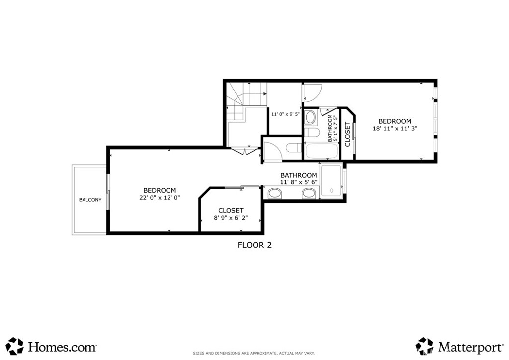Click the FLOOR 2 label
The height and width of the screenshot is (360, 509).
(x=254, y=245)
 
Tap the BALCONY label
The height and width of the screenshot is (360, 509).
(x=90, y=200)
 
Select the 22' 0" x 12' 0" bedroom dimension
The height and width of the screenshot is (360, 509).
(x=160, y=198)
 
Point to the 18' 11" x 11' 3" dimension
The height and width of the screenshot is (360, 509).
(x=395, y=129)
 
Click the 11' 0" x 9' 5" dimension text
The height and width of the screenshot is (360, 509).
(x=285, y=114)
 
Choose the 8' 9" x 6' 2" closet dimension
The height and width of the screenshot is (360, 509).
(x=231, y=218)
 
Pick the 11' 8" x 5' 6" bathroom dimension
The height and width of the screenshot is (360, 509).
(x=299, y=182)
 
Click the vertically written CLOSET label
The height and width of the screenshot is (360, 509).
(x=347, y=134)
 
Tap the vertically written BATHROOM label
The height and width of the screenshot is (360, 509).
(x=330, y=128)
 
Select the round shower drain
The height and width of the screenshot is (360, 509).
(x=332, y=191)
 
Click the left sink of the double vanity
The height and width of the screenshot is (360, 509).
(x=275, y=194)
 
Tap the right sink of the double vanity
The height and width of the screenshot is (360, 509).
(x=309, y=194)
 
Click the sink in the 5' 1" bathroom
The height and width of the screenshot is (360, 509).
(x=311, y=117)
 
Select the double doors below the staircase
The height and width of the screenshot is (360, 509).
(x=245, y=151)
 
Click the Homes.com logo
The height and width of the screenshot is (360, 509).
(x=52, y=347)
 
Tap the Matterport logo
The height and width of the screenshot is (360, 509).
(x=459, y=347)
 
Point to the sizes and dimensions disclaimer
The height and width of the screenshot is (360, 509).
(x=254, y=353)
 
